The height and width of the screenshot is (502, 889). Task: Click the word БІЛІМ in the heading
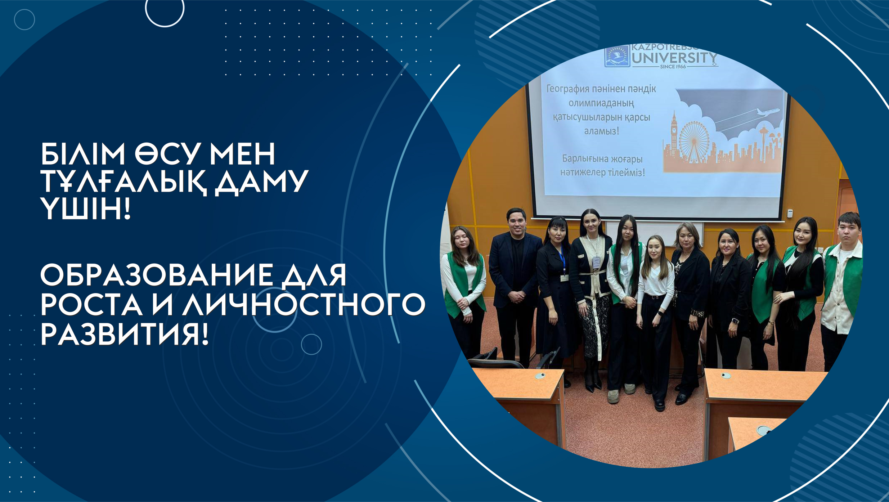pyautogui.click(x=83, y=154)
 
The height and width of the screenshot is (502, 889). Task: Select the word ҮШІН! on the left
pyautogui.click(x=85, y=209)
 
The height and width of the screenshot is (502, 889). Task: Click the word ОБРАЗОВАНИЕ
pyautogui.click(x=157, y=275)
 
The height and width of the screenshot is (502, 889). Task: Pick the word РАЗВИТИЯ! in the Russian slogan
pyautogui.click(x=125, y=334)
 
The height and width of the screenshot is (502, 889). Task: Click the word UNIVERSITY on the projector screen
pyautogui.click(x=674, y=58)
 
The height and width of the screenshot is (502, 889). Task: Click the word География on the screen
pyautogui.click(x=569, y=89)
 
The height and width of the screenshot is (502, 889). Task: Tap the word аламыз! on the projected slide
pyautogui.click(x=601, y=131)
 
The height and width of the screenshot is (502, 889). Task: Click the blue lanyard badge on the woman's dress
pyautogui.click(x=563, y=263)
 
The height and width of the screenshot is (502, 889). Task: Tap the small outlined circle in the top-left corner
pyautogui.click(x=24, y=19)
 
